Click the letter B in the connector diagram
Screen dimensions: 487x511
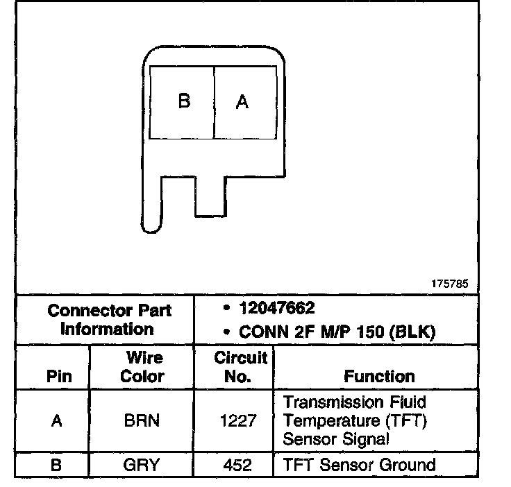point(184,101)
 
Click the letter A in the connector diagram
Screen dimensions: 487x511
point(242,102)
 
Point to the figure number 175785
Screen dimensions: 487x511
point(450,284)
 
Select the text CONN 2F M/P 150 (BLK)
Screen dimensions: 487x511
point(336,332)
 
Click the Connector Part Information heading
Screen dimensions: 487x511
point(109,319)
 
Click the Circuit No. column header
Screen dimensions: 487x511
point(241,367)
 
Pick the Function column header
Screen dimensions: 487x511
point(379,377)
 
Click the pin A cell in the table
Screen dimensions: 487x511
point(56,421)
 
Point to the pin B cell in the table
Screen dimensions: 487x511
point(56,464)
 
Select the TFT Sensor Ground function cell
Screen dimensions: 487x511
point(358,464)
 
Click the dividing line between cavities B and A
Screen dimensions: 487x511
point(213,102)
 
